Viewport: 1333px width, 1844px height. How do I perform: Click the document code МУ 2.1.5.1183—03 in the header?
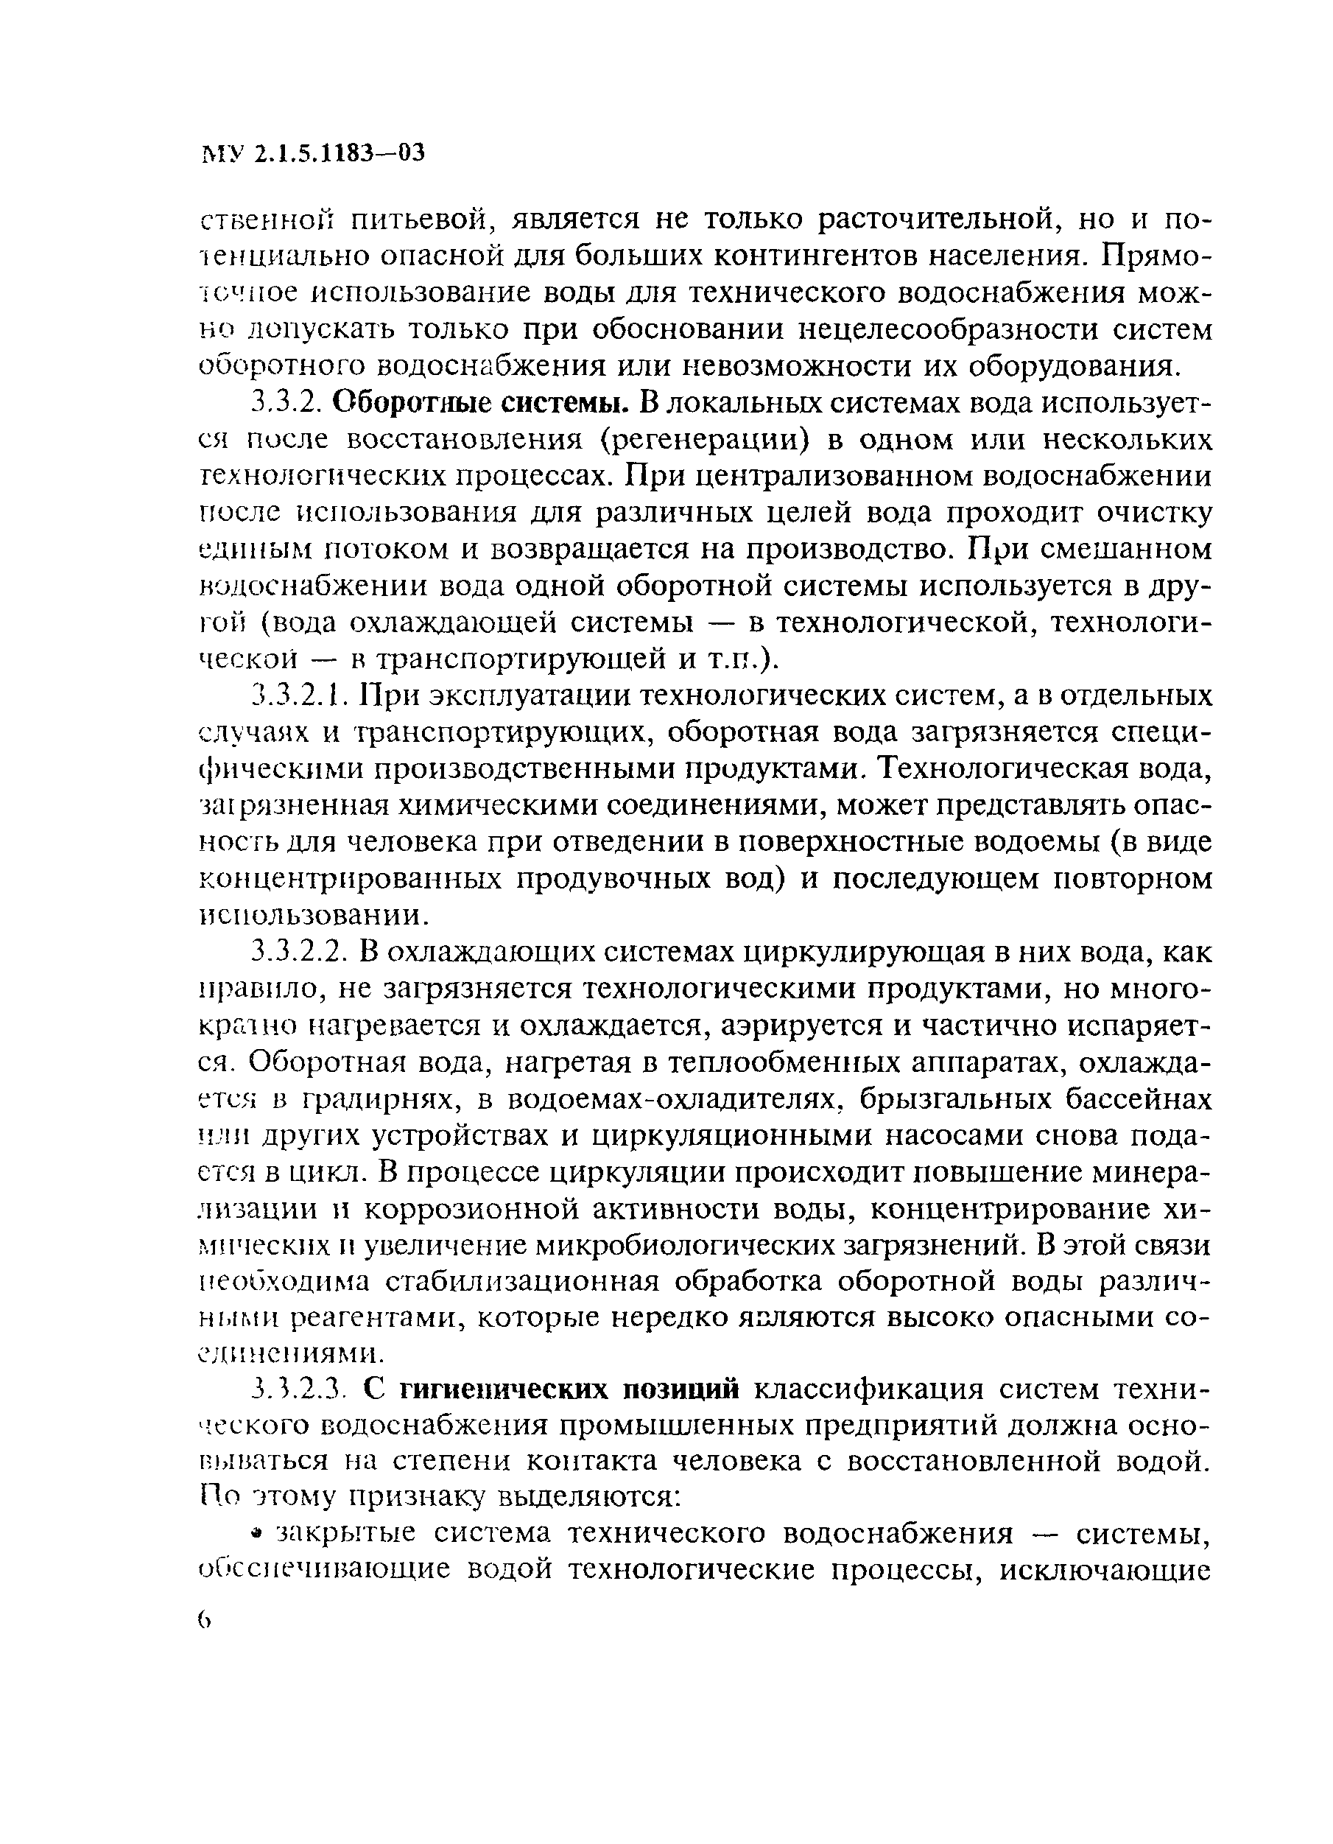point(312,154)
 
